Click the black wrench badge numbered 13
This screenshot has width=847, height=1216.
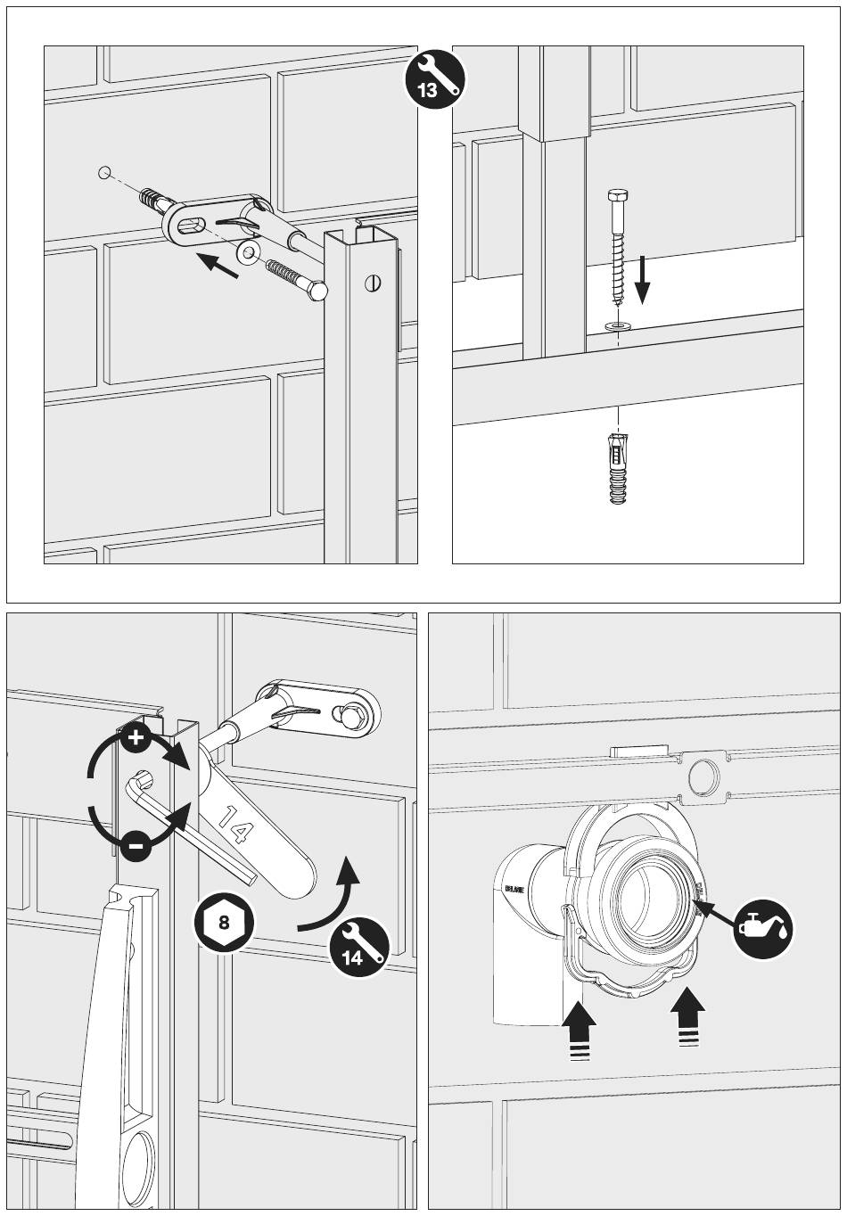(x=436, y=78)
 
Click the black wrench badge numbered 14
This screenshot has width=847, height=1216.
(x=359, y=949)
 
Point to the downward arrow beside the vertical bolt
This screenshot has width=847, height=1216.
(x=643, y=279)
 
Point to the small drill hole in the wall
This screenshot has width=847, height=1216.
(x=106, y=171)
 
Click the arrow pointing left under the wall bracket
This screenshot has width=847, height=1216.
(x=218, y=265)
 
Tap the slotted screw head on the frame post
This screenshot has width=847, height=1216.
(x=372, y=284)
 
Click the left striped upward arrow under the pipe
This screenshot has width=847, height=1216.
(x=580, y=1028)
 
